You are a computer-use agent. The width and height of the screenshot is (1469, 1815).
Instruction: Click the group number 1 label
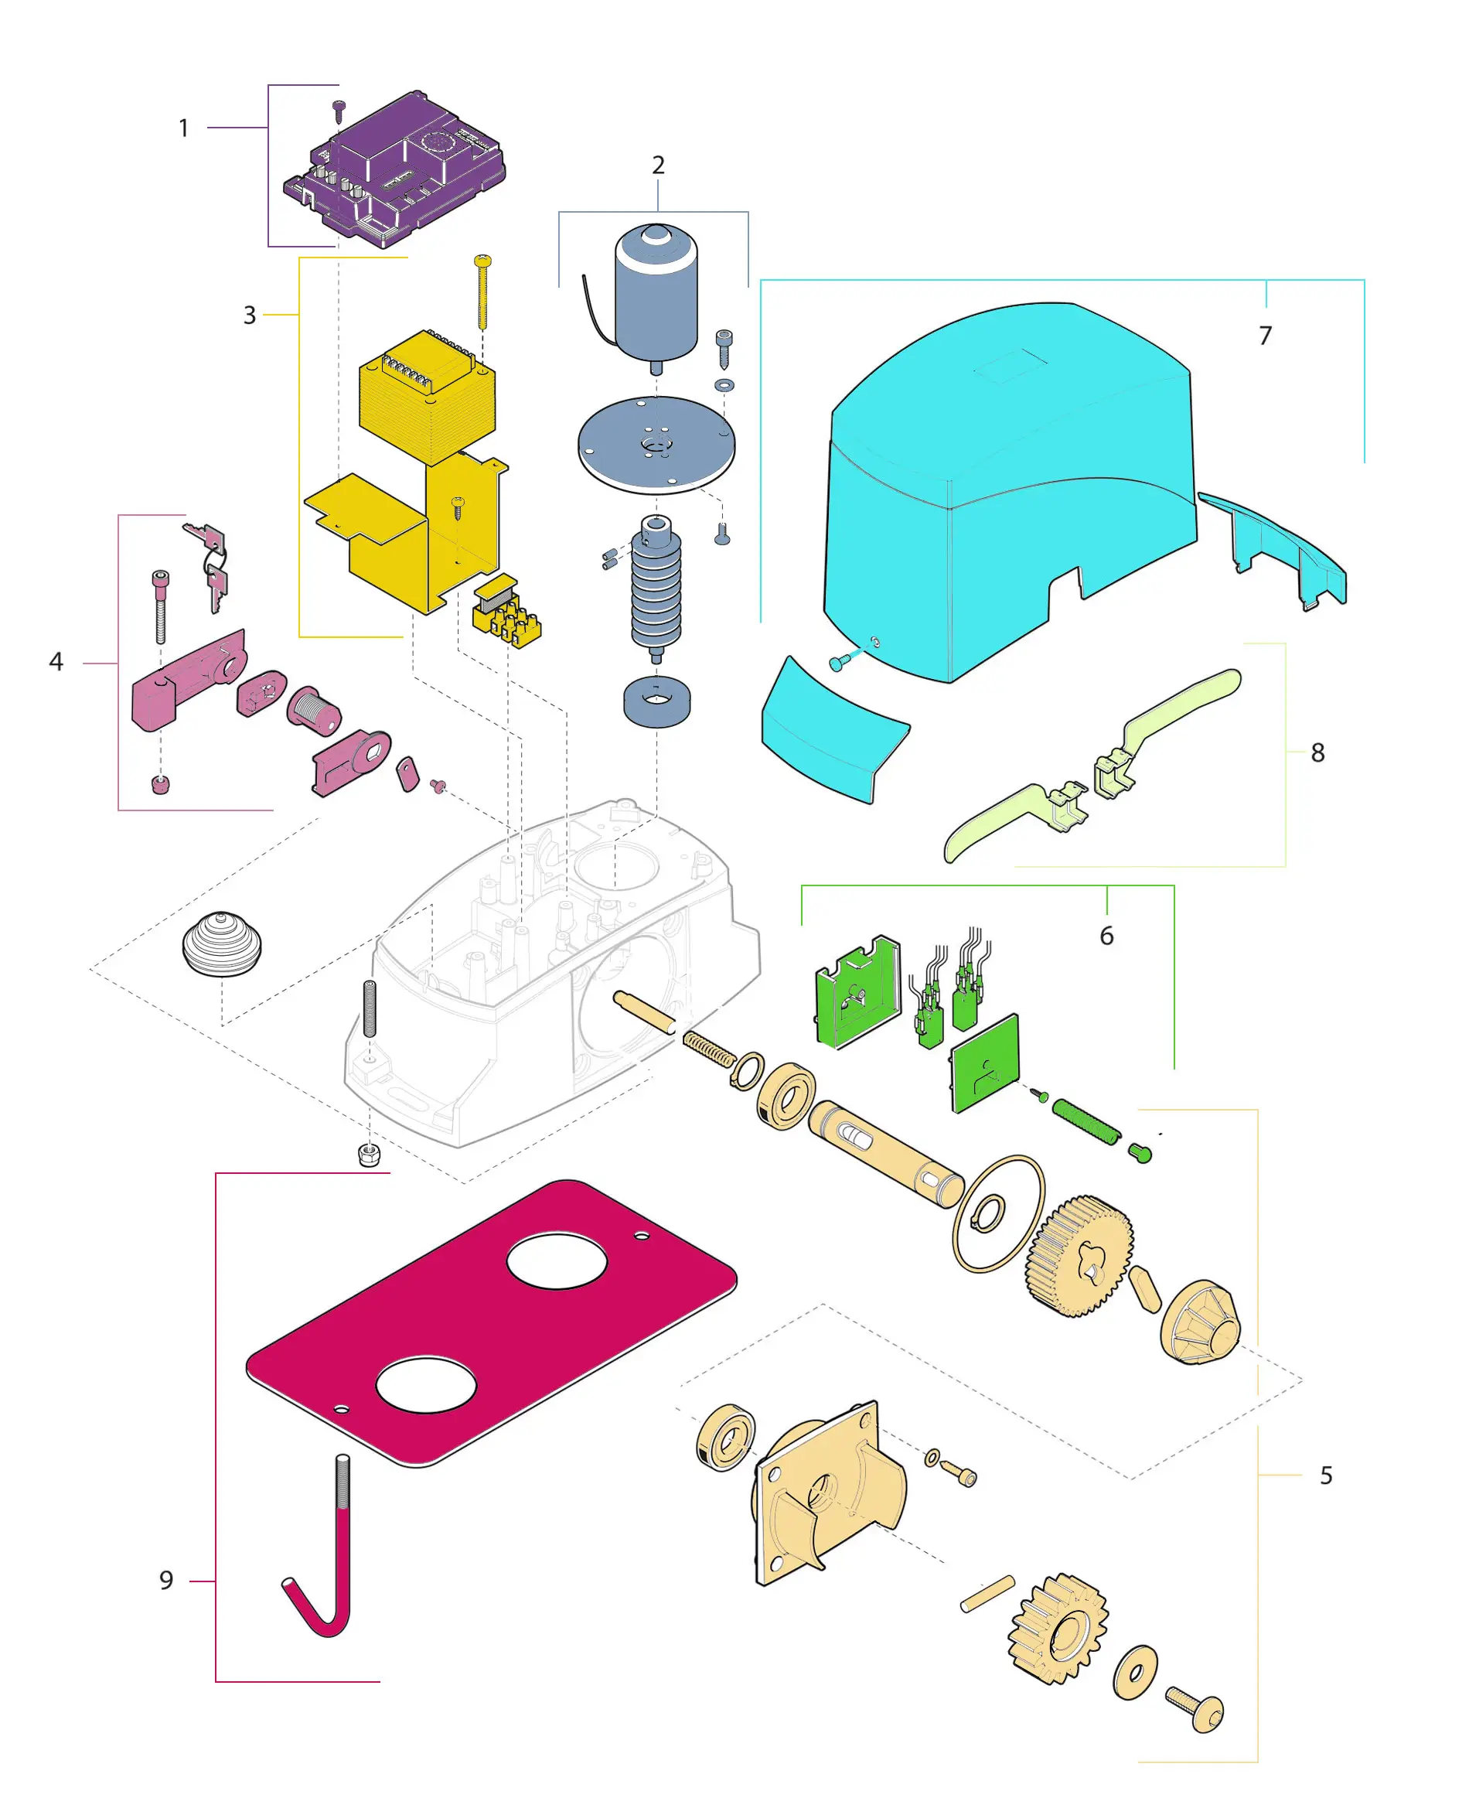[x=184, y=128]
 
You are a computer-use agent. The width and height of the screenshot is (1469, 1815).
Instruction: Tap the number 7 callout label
[x=1265, y=336]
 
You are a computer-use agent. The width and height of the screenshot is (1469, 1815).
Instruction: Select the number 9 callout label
[x=167, y=1580]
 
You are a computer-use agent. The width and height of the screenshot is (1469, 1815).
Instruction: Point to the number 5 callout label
[x=1326, y=1475]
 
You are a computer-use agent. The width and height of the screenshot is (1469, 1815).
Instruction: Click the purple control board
[x=394, y=170]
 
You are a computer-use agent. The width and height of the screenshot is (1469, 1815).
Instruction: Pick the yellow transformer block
[x=428, y=397]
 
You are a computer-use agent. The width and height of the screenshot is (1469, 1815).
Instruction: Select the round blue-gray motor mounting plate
[x=656, y=444]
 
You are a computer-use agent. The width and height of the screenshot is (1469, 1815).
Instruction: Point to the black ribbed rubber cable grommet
[x=222, y=943]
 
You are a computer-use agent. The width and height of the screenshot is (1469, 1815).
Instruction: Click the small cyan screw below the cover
[x=839, y=662]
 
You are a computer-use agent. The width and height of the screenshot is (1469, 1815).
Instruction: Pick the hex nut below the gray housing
[x=368, y=1153]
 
